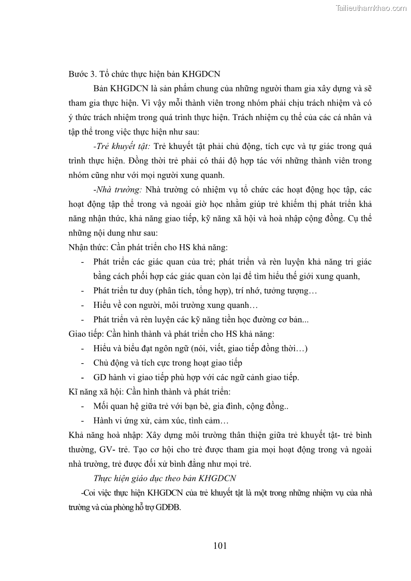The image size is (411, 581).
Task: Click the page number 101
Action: (x=219, y=545)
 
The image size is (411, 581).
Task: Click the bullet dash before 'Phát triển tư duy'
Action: (x=83, y=291)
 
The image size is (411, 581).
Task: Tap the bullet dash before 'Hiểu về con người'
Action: (x=83, y=305)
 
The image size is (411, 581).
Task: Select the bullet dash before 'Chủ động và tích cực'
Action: (x=83, y=363)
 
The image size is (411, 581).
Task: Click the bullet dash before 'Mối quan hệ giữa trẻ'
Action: (x=83, y=406)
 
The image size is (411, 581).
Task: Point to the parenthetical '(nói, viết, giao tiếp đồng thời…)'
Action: (x=248, y=348)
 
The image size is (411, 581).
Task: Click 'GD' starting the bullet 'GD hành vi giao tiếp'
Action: (x=100, y=377)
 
